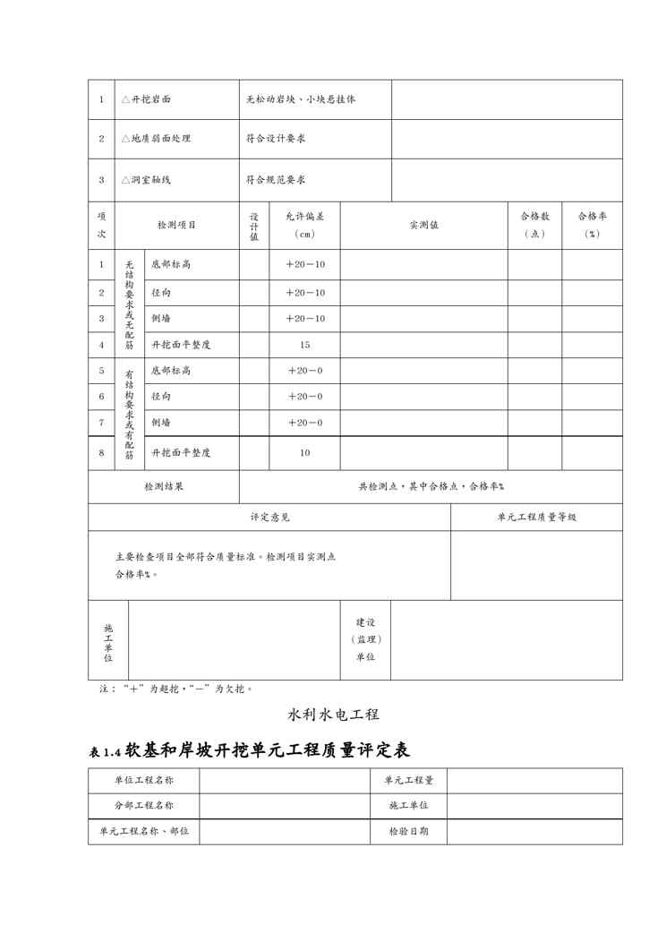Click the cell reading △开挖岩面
(x=146, y=99)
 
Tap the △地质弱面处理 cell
(x=156, y=139)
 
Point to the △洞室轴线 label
(x=146, y=179)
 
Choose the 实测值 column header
(x=423, y=225)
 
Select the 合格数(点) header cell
(x=534, y=225)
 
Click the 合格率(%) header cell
(x=592, y=225)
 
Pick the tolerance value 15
(x=304, y=344)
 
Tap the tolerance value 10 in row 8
(x=304, y=453)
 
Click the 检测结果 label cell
(x=164, y=486)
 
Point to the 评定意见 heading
(x=269, y=517)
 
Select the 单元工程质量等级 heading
(x=536, y=517)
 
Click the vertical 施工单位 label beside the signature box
(x=108, y=641)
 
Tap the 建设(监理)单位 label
(x=365, y=639)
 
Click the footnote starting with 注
(x=163, y=689)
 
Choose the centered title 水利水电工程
(x=333, y=715)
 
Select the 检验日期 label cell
(x=408, y=831)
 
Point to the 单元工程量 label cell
(x=408, y=780)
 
